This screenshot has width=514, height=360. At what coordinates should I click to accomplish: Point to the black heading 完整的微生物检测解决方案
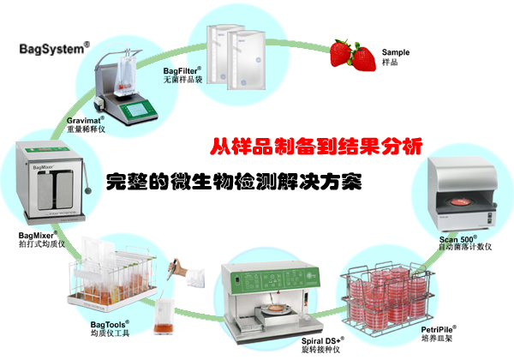click(x=234, y=182)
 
